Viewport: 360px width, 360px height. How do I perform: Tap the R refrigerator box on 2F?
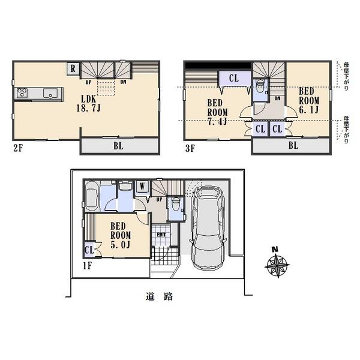click(73, 68)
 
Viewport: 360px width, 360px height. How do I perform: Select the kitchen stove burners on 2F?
click(23, 93)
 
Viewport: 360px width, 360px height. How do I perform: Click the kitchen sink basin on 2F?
click(50, 93)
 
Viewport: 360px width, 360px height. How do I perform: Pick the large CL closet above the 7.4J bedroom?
click(233, 77)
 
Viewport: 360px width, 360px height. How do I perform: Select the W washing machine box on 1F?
click(142, 187)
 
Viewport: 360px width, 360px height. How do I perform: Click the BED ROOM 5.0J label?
click(121, 230)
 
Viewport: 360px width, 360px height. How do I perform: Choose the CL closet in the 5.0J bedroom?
click(88, 250)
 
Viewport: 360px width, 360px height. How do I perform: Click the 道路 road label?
click(158, 296)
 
